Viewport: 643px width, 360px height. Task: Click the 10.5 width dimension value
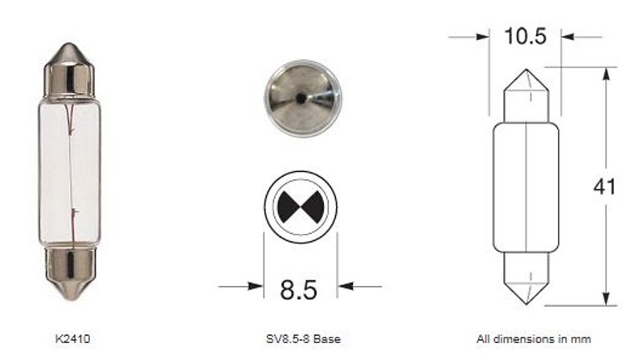coord(526,36)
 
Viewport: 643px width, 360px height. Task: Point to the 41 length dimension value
coord(604,186)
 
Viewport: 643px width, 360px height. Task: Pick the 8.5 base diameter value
coord(300,287)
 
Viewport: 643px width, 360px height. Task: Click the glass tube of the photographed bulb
coord(71,172)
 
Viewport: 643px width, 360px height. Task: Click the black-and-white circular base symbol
coord(300,207)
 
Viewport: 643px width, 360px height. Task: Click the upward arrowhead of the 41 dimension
coord(604,74)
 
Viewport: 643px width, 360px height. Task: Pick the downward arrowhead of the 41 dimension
coord(604,297)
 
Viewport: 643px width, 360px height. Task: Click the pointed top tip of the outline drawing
coord(526,70)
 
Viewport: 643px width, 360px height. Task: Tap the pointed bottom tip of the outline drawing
coord(526,303)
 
